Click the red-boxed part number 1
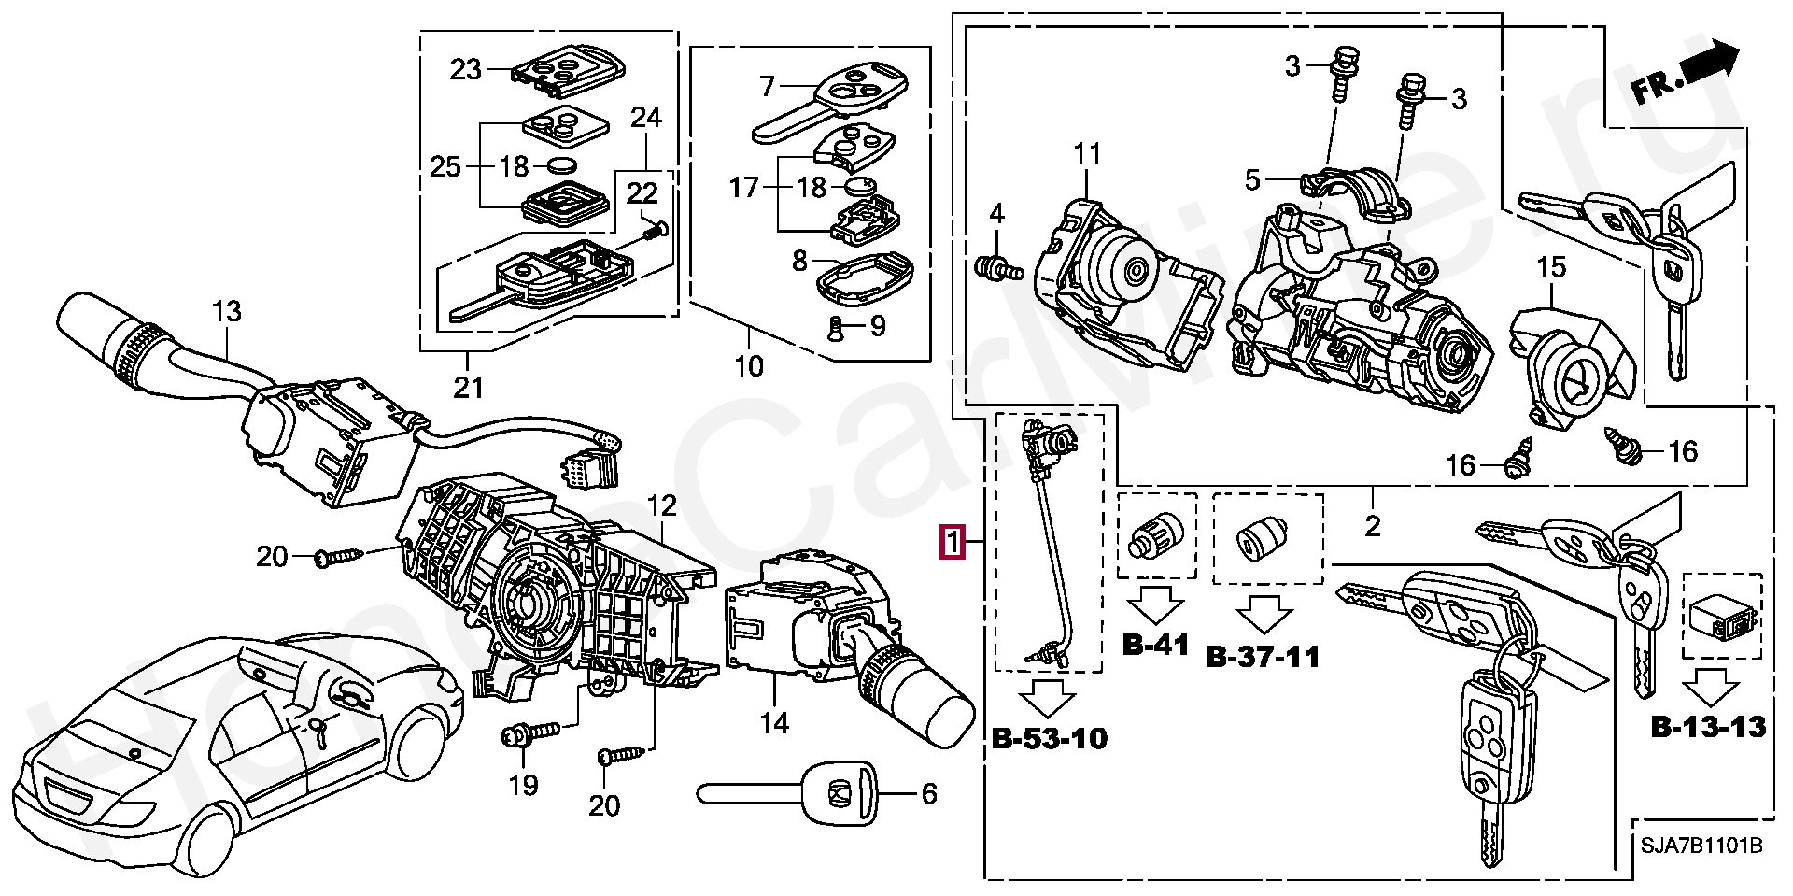(952, 542)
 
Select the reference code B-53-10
(1049, 739)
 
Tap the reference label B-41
(1155, 644)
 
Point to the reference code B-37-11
(1264, 657)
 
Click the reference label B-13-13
(1708, 726)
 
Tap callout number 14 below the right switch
(774, 722)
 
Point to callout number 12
(661, 506)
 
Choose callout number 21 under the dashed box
(468, 386)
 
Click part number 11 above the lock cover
(1087, 153)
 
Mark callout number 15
(1551, 268)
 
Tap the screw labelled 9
(835, 327)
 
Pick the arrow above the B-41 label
(1155, 604)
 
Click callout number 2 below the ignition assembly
(1372, 526)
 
